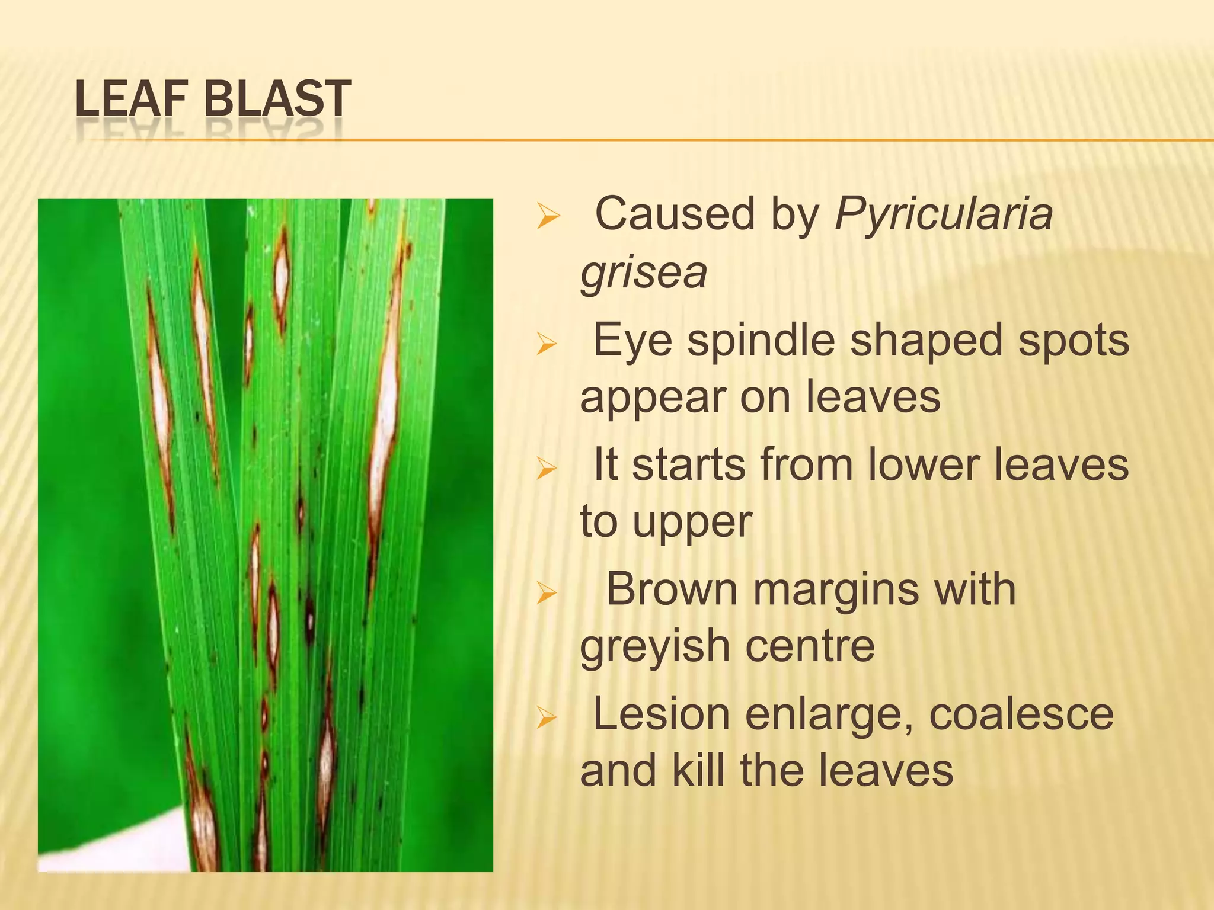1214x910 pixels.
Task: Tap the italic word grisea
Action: pyautogui.click(x=644, y=274)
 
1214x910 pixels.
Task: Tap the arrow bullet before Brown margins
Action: pyautogui.click(x=547, y=592)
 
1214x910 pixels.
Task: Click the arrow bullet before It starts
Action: pyautogui.click(x=547, y=468)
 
